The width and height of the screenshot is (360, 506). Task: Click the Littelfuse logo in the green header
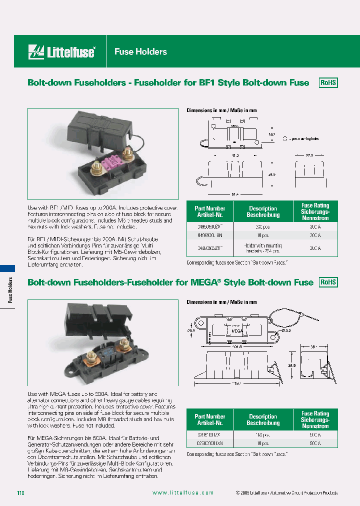pyautogui.click(x=62, y=51)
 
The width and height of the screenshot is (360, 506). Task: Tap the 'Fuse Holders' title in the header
pyautogui.click(x=140, y=51)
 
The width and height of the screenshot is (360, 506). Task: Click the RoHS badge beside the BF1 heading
pyautogui.click(x=328, y=83)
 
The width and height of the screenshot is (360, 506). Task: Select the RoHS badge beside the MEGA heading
pyautogui.click(x=328, y=282)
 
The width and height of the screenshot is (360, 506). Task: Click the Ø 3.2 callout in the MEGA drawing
pyautogui.click(x=286, y=331)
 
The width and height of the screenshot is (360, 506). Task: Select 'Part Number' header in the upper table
pyautogui.click(x=209, y=211)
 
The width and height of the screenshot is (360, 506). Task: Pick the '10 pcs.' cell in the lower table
pyautogui.click(x=262, y=443)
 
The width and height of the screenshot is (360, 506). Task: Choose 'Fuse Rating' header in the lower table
pyautogui.click(x=315, y=419)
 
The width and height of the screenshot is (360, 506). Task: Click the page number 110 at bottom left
pyautogui.click(x=20, y=493)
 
